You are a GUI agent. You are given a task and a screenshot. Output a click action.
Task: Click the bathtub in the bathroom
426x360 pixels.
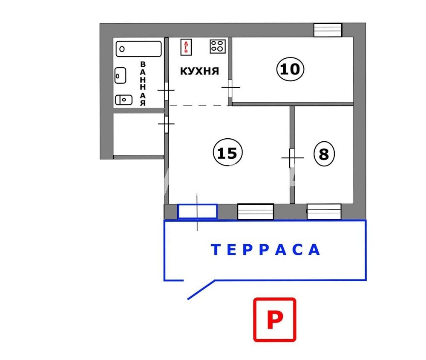pos(139,49)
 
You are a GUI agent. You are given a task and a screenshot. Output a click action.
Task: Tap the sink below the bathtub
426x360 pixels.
pos(121,76)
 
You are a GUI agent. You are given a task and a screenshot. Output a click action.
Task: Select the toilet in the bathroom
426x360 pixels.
pos(124,100)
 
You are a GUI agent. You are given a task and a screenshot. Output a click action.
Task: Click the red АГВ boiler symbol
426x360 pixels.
pos(186,46)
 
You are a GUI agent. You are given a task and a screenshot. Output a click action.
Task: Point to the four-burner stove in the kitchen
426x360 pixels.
pos(218,46)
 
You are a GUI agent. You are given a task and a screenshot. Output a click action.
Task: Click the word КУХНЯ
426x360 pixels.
pos(199,71)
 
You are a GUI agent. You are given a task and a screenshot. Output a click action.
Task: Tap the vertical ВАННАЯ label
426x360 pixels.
pos(143,83)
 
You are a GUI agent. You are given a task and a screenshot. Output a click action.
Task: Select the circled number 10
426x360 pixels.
pos(291,69)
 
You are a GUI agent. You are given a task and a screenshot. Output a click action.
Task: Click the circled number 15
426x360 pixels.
pos(227,153)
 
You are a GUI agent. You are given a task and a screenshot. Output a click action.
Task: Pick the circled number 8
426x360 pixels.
pos(324,154)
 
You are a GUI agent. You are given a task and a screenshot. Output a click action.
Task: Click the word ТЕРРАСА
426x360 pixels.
pos(266,250)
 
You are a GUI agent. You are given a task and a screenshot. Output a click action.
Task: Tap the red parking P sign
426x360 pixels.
pos(275,320)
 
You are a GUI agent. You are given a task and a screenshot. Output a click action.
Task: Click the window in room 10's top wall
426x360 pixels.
pos(328,30)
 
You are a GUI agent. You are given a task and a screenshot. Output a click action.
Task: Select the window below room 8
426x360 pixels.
pos(324,211)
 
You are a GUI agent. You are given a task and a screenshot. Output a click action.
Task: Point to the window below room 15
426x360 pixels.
pos(255,211)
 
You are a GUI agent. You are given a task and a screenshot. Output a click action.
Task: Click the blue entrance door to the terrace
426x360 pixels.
pos(197,211)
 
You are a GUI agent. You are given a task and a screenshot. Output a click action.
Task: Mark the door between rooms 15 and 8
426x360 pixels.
pos(292,158)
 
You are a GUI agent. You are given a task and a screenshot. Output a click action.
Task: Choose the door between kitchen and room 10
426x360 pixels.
pos(230,88)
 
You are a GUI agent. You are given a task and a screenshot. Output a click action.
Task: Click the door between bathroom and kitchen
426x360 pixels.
pos(166,90)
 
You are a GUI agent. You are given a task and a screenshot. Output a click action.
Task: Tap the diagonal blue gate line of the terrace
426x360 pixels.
pos(201,290)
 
